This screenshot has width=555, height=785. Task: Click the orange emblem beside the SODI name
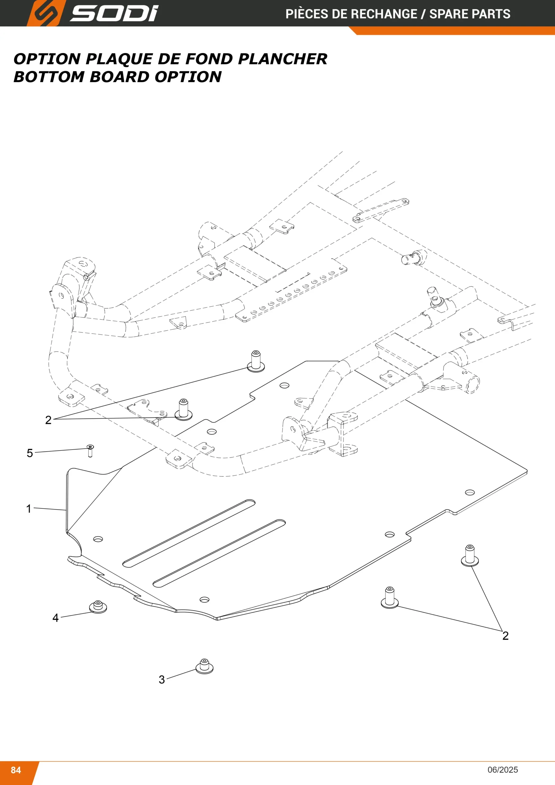45,13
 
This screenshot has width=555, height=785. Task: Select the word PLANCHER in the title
283,59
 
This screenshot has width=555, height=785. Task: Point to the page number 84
16,770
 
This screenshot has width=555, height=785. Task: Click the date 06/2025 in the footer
503,770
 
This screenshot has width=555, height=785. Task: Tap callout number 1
29,508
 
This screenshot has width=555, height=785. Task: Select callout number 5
30,453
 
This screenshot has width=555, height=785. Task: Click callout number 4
55,618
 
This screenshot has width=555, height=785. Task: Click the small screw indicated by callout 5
90,451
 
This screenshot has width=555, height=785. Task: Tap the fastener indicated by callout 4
98,607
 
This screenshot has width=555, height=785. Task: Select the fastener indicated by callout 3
204,666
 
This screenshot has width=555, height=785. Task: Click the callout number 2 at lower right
505,636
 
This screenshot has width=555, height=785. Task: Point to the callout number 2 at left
48,420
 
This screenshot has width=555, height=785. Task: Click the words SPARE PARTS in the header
469,14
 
